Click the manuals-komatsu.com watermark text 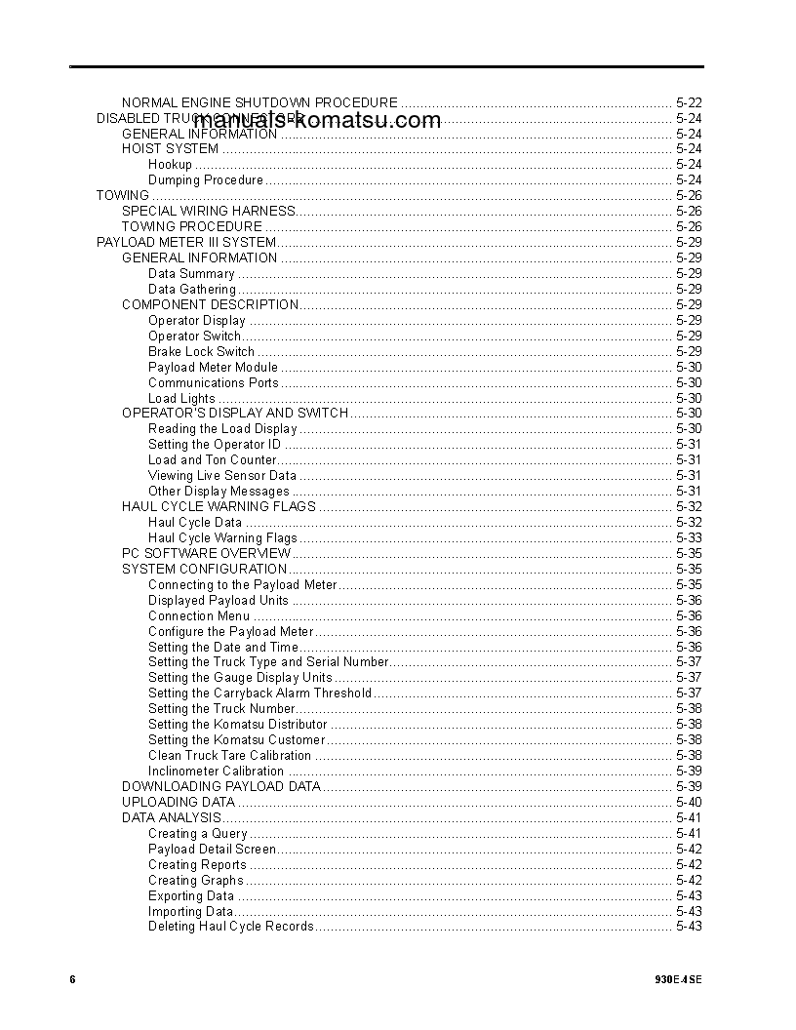317,121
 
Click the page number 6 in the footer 72,979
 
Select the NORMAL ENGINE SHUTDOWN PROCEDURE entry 259,102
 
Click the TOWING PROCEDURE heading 192,226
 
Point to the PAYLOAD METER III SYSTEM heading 186,242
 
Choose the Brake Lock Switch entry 201,351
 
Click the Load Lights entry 181,398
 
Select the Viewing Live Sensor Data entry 222,475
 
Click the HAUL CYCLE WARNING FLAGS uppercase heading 219,506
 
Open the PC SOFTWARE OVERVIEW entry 207,553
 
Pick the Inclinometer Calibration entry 216,771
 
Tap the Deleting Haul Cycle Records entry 231,926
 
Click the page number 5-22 689,102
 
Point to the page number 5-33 689,537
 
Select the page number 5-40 689,802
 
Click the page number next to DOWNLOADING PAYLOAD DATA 689,786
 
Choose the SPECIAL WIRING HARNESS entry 209,211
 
